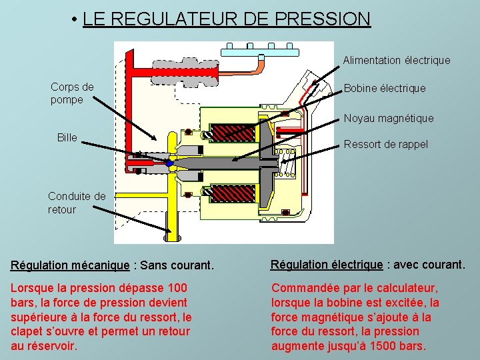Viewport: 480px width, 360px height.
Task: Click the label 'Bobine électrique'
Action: [x=385, y=88]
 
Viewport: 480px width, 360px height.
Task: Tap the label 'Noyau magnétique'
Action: [x=389, y=118]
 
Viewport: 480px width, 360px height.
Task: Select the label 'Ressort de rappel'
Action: [x=386, y=144]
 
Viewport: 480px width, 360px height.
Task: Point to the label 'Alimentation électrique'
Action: [x=397, y=60]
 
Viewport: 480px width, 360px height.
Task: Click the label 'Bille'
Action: [x=67, y=137]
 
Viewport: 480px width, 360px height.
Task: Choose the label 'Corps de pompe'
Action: [x=72, y=93]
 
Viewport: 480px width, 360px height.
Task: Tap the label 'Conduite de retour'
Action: [x=77, y=203]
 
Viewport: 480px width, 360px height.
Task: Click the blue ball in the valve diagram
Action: [x=170, y=163]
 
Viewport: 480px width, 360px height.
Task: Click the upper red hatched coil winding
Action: [x=232, y=133]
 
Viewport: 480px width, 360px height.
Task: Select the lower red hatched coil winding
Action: [x=232, y=194]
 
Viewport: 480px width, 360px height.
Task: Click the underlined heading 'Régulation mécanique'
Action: [x=70, y=265]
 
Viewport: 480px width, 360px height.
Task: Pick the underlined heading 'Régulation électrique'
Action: [x=327, y=265]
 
